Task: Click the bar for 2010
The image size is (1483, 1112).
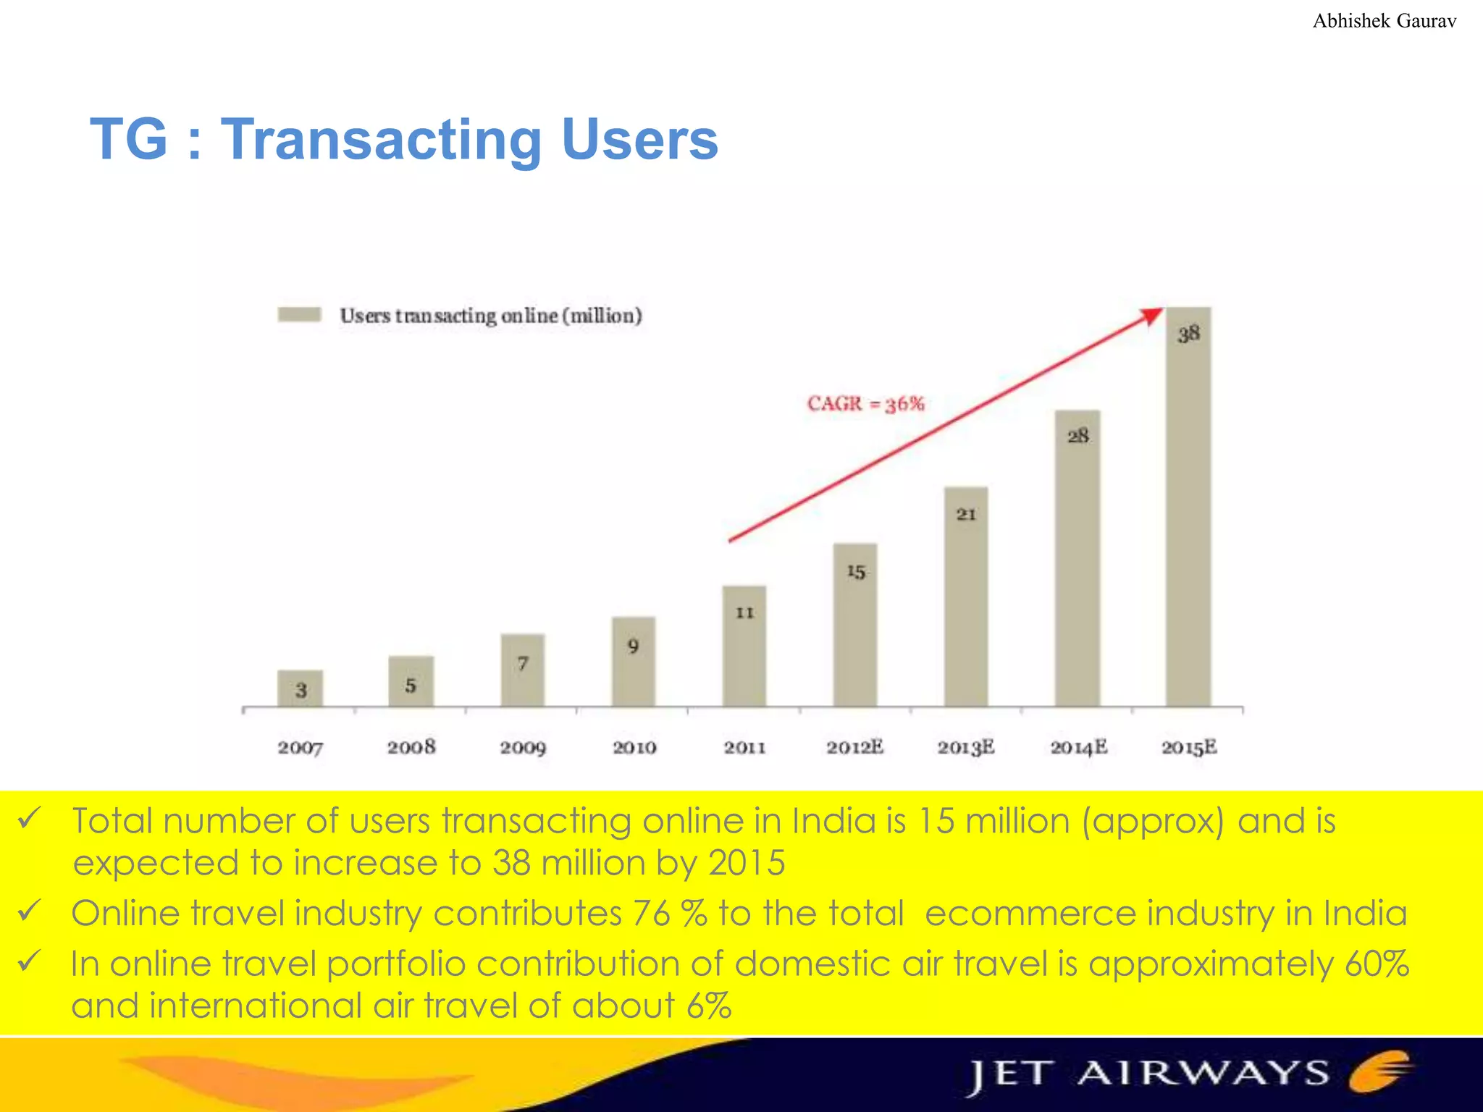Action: click(634, 662)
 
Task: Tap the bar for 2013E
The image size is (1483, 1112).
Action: click(966, 597)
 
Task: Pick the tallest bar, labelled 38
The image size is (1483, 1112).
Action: click(1188, 507)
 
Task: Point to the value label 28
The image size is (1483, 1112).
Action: click(1077, 436)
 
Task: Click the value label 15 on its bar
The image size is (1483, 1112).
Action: click(856, 572)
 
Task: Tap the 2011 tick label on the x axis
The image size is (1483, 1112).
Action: click(744, 747)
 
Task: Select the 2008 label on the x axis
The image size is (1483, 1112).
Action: click(411, 747)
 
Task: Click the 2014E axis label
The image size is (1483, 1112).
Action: click(1078, 747)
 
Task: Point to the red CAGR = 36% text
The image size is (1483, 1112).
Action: click(866, 403)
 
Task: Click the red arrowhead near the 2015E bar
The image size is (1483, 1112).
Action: click(1151, 316)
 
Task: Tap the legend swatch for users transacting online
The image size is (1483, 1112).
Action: click(300, 315)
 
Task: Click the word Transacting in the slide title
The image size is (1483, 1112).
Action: click(381, 139)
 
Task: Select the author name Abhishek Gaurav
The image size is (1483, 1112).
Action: click(1384, 21)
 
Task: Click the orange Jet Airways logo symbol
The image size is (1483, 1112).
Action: click(1379, 1071)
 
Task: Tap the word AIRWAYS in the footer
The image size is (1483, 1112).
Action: click(1203, 1073)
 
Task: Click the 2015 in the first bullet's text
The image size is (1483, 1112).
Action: click(747, 863)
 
